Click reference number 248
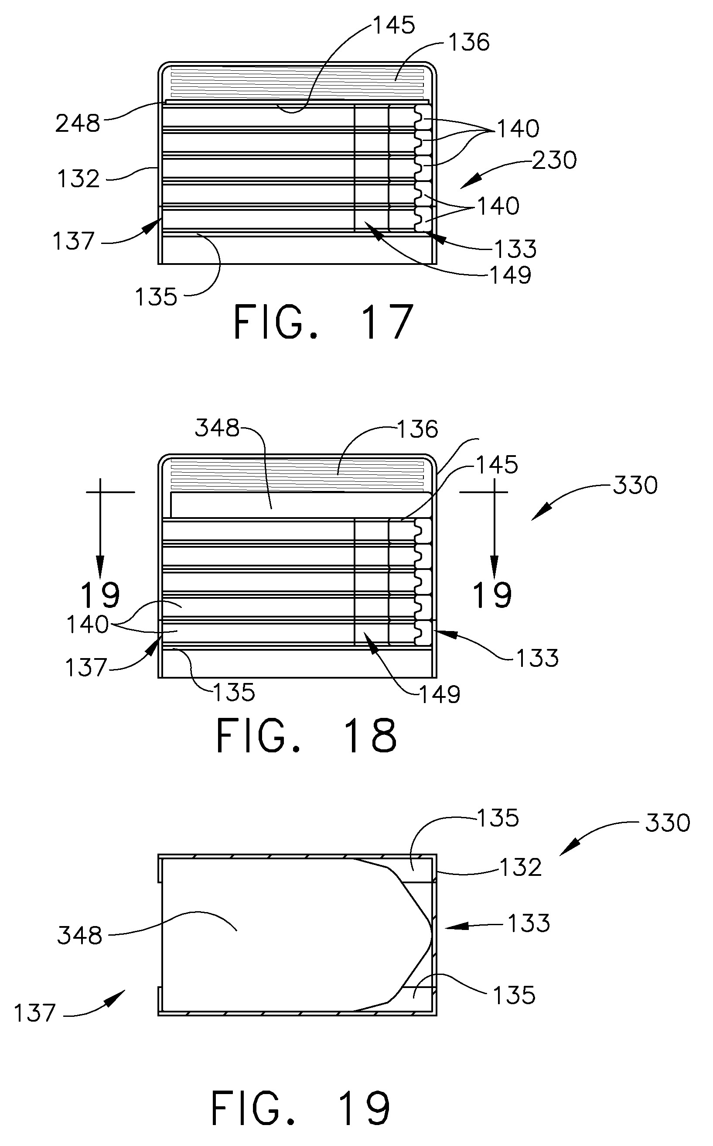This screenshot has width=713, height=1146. coord(78,124)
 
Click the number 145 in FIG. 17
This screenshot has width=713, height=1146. coord(394,24)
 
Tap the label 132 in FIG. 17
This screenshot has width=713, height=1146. coord(79,179)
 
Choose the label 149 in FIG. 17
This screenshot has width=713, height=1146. coord(511,275)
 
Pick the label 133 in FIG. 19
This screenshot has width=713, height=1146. coord(529,923)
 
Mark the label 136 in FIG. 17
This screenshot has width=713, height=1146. coord(469,42)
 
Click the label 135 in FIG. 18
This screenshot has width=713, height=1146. coord(234,693)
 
